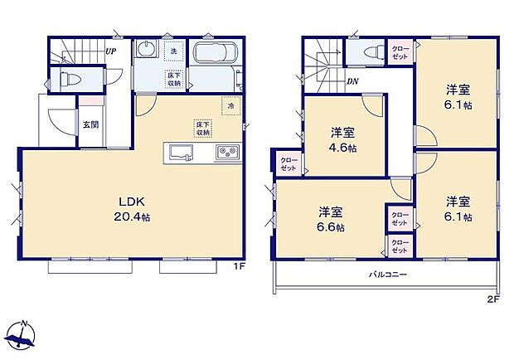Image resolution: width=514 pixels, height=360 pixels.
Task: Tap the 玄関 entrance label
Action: (90, 125)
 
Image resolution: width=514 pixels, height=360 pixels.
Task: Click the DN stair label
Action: (352, 80)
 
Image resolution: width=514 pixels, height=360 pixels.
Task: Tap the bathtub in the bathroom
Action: (215, 58)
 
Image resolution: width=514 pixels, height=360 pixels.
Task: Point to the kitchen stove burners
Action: (226, 153)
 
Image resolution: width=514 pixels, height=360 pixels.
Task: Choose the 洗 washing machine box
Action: (173, 51)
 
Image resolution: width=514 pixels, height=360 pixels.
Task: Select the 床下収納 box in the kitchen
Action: (201, 128)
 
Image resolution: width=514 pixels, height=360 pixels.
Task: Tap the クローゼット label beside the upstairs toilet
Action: (399, 51)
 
